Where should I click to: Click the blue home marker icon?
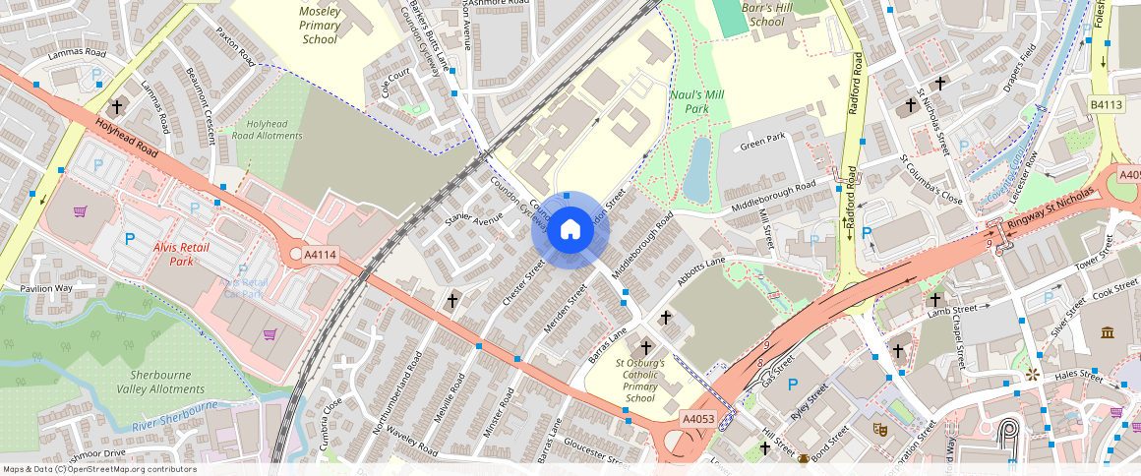(x=570, y=231)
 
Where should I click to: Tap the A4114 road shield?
(x=320, y=255)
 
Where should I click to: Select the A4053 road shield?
(x=698, y=419)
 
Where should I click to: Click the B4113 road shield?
(x=1106, y=105)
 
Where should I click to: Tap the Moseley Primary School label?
(x=320, y=26)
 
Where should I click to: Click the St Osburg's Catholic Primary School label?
(x=640, y=381)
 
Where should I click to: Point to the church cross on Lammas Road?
(x=117, y=105)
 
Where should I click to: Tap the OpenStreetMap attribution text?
(x=99, y=469)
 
